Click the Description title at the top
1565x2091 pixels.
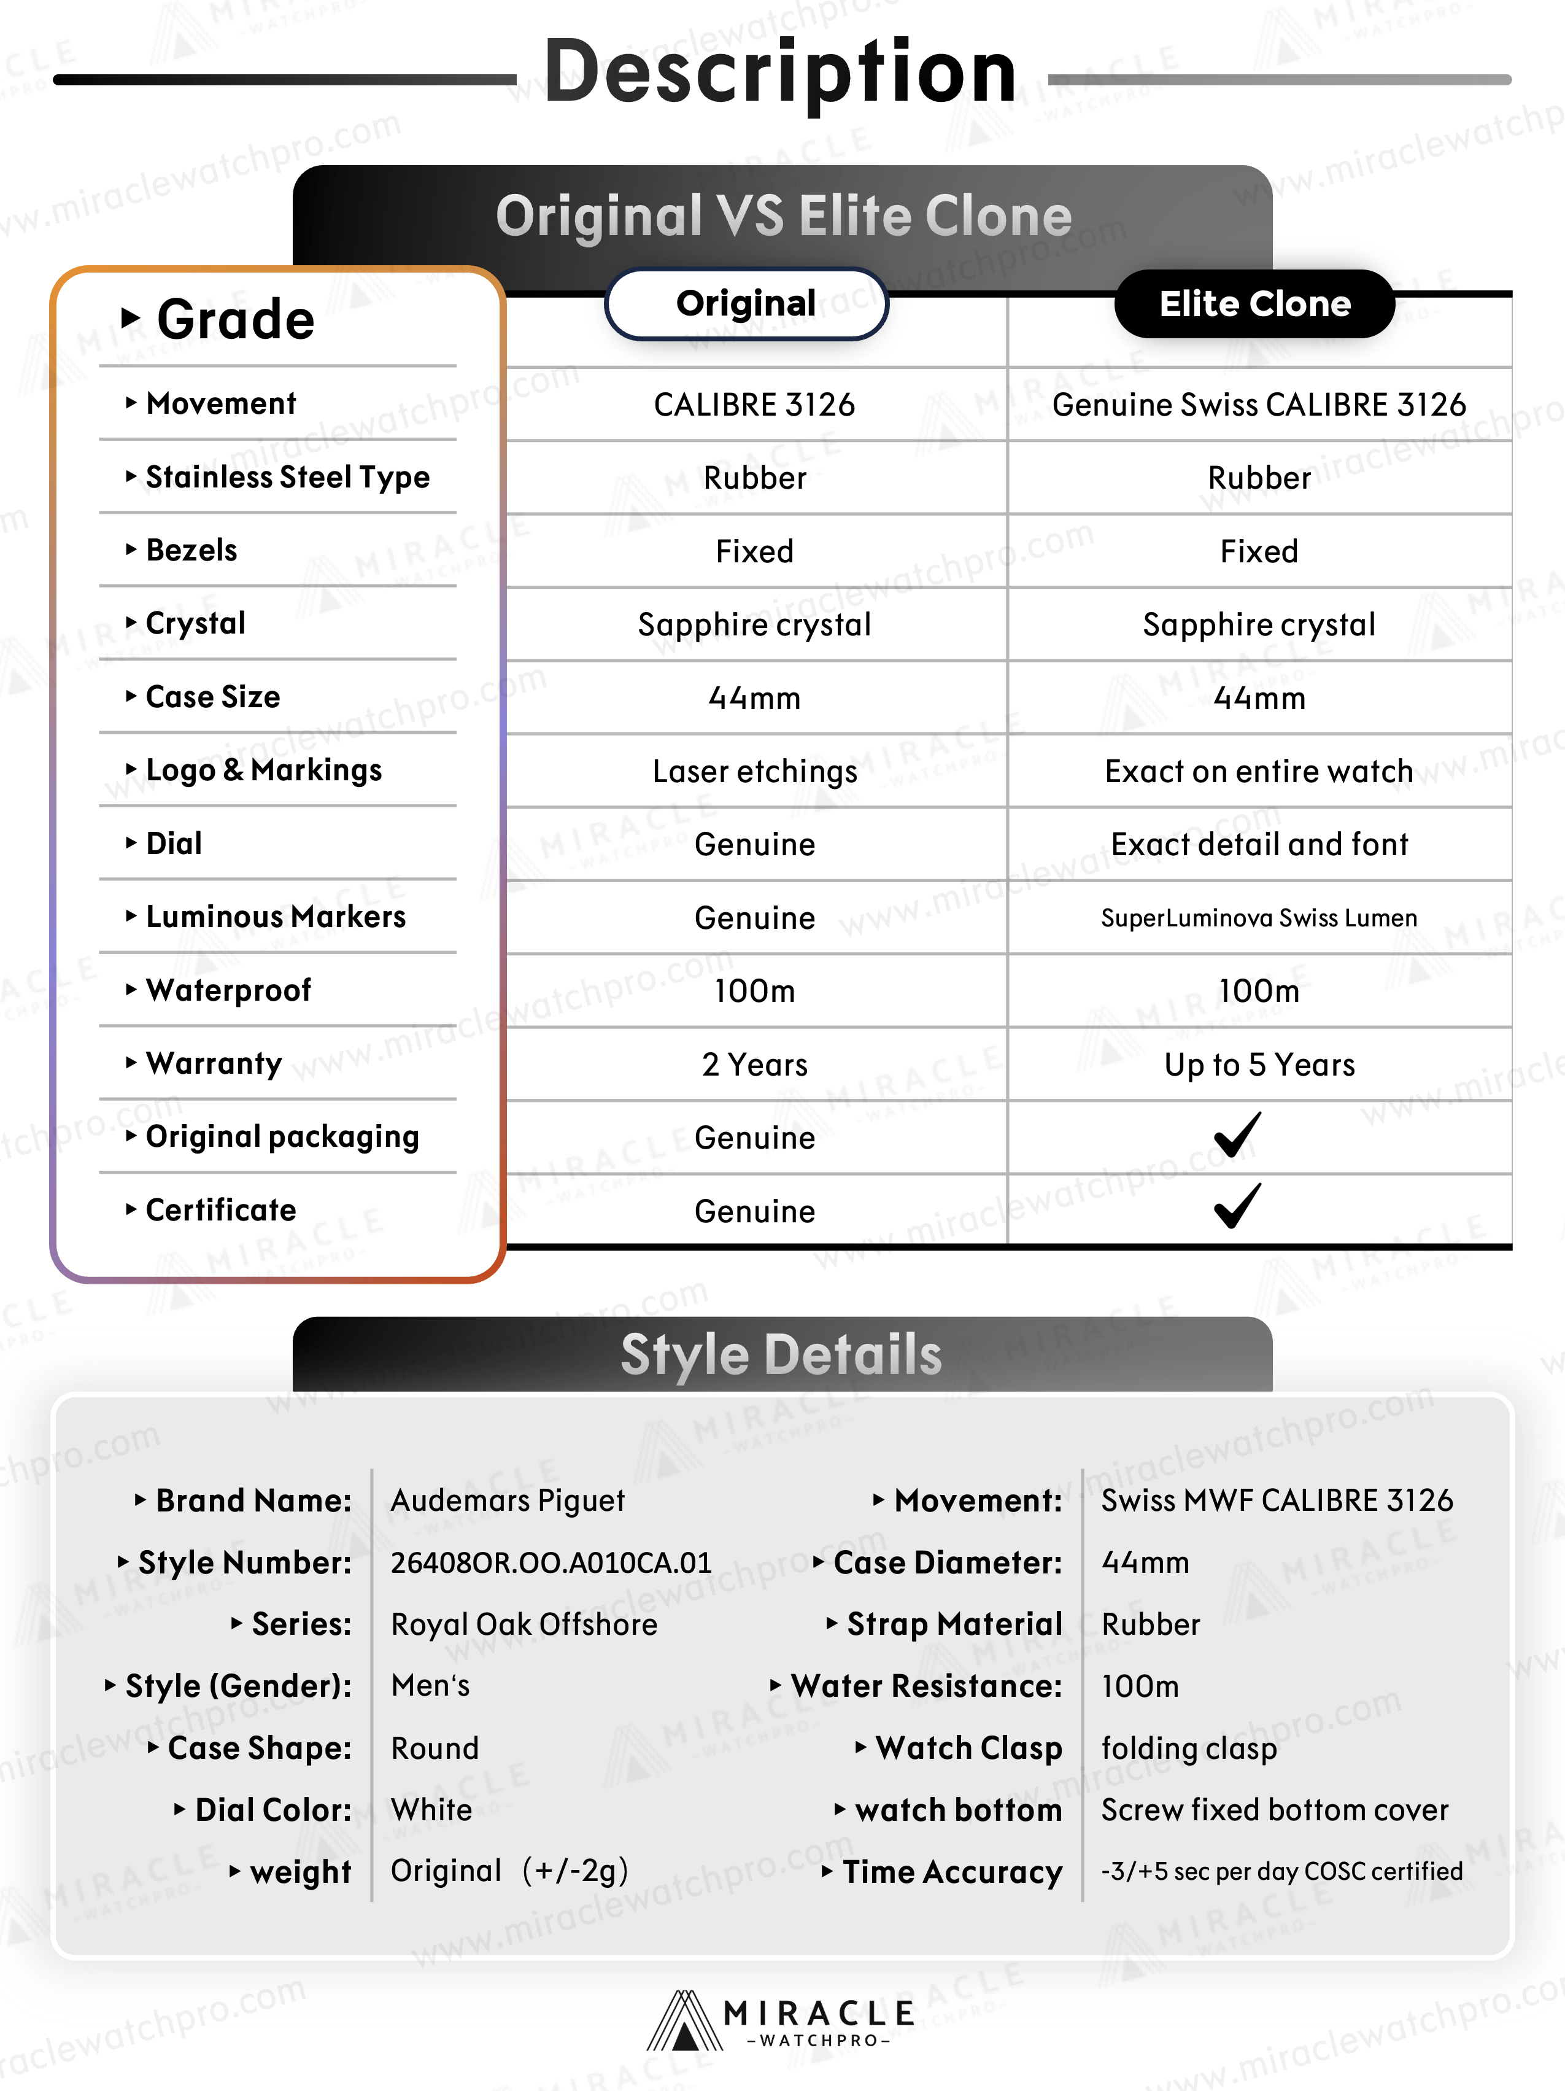(781, 74)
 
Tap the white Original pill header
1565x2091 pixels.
(746, 303)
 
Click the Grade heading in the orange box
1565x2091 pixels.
(234, 319)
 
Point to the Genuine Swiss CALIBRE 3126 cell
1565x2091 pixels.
(1259, 405)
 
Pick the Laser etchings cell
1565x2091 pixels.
(754, 771)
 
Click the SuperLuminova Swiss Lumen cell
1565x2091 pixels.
(1259, 918)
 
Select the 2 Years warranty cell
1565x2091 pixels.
(754, 1065)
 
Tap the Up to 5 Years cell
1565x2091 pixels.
(1259, 1065)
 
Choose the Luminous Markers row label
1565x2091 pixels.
(275, 917)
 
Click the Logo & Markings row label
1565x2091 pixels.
(264, 770)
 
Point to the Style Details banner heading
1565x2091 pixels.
(781, 1355)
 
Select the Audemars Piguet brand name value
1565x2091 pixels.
(508, 1501)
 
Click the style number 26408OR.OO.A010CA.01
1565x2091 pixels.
(551, 1562)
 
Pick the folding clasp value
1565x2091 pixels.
(1189, 1748)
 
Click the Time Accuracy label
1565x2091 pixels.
(952, 1872)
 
